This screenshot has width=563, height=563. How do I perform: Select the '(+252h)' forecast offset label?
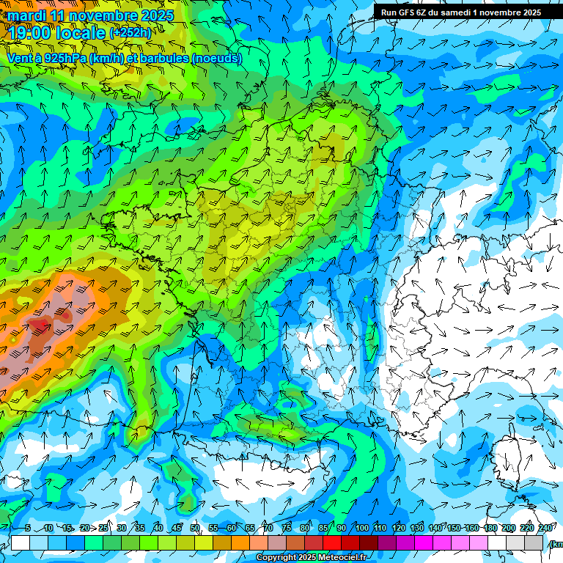tap(130, 33)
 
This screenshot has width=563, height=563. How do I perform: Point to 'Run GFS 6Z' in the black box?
tap(405, 12)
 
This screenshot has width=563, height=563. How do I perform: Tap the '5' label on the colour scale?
tap(28, 528)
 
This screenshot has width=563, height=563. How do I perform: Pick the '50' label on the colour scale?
tap(194, 528)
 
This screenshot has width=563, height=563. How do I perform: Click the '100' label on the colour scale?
tap(361, 528)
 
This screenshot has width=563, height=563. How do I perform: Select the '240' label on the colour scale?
tap(545, 528)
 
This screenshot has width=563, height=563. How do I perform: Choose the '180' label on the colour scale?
tap(490, 528)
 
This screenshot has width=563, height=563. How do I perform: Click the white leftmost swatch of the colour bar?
tap(21, 542)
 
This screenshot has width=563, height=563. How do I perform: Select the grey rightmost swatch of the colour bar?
tap(534, 542)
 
